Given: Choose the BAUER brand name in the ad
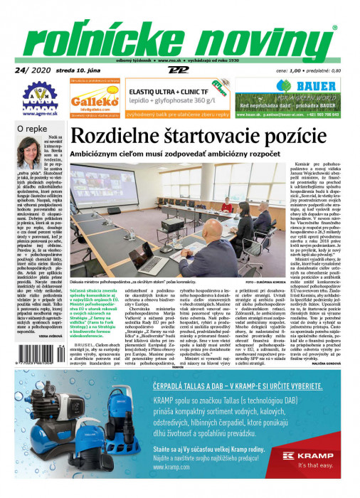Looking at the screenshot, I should click(299, 88).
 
